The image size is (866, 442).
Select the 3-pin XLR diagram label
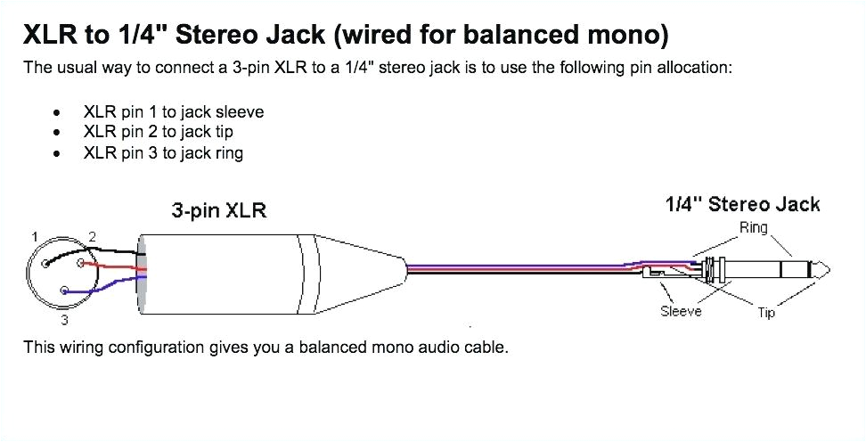218,211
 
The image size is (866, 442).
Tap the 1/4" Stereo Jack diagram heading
742,204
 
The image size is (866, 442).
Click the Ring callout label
753,228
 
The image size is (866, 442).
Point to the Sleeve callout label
681,311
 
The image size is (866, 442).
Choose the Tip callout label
766,313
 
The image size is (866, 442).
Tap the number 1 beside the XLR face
34,237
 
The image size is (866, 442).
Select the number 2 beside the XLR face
93,237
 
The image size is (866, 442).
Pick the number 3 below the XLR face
64,318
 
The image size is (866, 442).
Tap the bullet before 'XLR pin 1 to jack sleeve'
58,113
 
